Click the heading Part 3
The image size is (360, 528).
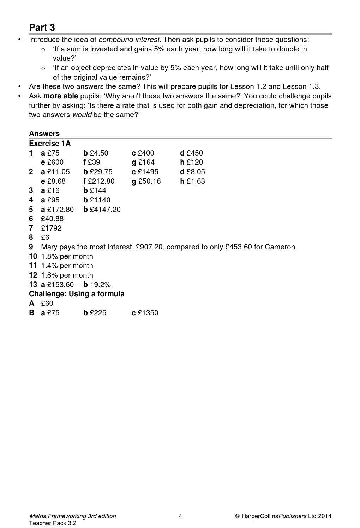pyautogui.click(x=42, y=28)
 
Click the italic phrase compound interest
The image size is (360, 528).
pyautogui.click(x=129, y=40)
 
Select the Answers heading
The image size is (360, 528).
pyautogui.click(x=44, y=134)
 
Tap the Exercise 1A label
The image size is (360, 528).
pyautogui.click(x=50, y=144)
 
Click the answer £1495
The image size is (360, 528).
pyautogui.click(x=148, y=172)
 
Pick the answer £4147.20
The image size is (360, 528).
pyautogui.click(x=105, y=210)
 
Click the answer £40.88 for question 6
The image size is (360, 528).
pyautogui.click(x=52, y=219)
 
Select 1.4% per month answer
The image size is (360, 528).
pyautogui.click(x=67, y=266)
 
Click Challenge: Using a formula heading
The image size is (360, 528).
pyautogui.click(x=77, y=294)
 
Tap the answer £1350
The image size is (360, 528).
pyautogui.click(x=148, y=313)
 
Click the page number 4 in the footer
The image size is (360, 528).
pyautogui.click(x=180, y=516)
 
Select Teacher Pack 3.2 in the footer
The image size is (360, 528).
pyautogui.click(x=53, y=523)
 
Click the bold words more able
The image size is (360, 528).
pyautogui.click(x=60, y=96)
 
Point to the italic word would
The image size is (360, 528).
pyautogui.click(x=82, y=115)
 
